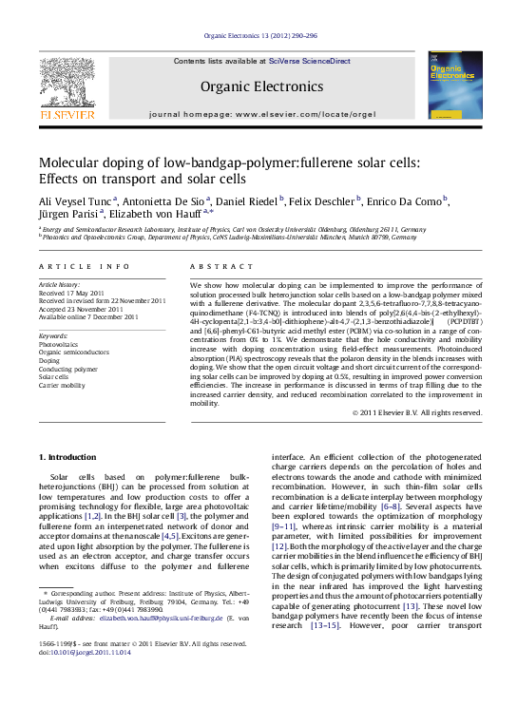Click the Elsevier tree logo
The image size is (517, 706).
tap(66, 85)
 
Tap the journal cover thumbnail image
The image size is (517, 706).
tap(453, 86)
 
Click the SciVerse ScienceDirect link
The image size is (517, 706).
tap(309, 61)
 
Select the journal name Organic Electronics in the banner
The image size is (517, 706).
tap(258, 86)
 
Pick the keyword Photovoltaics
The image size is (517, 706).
tap(60, 343)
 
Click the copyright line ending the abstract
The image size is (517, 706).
tap(417, 412)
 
